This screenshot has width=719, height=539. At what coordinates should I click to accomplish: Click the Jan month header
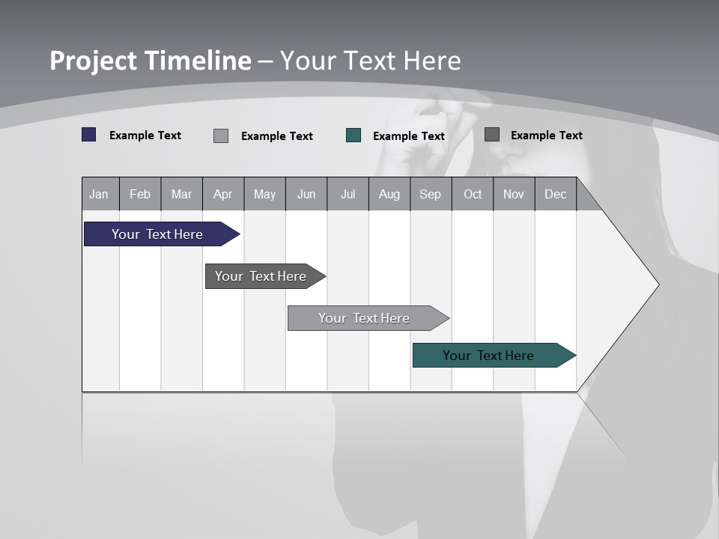click(100, 194)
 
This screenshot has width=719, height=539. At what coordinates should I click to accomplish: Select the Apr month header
click(222, 194)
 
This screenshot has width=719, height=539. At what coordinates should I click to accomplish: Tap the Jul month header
click(348, 194)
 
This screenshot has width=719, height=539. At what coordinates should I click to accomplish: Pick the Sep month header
click(430, 194)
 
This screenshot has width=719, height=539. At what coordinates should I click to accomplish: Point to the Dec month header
click(555, 194)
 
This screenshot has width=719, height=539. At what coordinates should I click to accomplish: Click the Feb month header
click(140, 194)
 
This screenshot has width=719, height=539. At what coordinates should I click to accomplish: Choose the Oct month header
click(472, 194)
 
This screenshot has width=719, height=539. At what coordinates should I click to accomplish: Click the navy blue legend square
click(89, 135)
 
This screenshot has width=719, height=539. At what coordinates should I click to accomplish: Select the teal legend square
click(354, 135)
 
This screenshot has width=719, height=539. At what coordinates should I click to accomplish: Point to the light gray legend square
click(221, 135)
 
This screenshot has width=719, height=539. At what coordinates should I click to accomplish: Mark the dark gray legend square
click(492, 135)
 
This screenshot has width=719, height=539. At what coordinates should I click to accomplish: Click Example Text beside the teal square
click(408, 136)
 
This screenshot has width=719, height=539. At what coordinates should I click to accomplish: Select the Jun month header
click(306, 194)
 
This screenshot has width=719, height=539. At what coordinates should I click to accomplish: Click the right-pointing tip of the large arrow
click(656, 284)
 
